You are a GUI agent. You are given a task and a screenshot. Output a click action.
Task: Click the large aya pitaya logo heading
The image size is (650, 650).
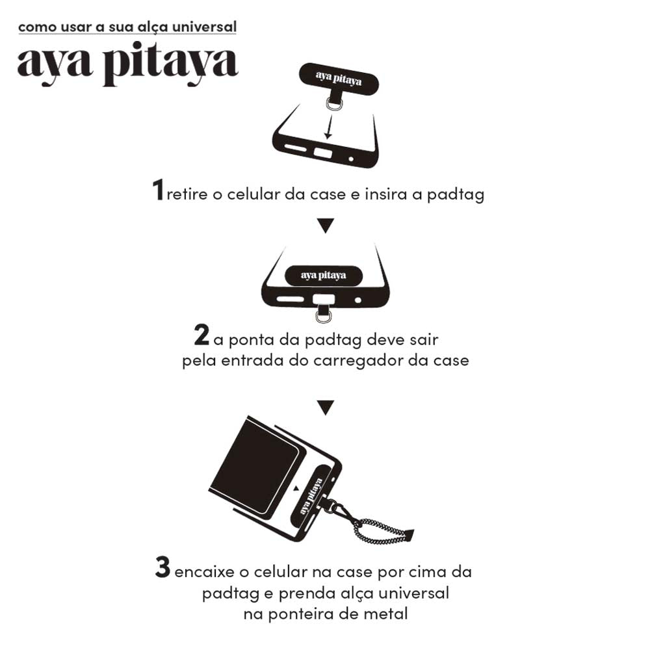tap(127, 64)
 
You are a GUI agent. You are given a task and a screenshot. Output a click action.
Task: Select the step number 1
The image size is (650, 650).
tap(158, 190)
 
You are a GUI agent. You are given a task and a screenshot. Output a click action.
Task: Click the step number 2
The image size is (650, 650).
tap(201, 335)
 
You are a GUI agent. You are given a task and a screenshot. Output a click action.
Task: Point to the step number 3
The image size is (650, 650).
tap(163, 567)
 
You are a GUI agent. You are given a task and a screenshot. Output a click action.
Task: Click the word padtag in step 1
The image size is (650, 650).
tap(456, 194)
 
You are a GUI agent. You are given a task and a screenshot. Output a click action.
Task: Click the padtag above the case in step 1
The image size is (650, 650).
tap(339, 79)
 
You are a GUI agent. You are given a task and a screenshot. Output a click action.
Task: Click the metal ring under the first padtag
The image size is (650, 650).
tap(333, 103)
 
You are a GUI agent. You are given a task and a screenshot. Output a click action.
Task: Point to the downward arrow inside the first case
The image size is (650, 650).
tap(329, 127)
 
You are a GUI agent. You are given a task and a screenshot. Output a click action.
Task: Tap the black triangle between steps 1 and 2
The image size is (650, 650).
tap(326, 226)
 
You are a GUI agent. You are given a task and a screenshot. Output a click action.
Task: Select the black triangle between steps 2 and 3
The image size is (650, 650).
tap(326, 408)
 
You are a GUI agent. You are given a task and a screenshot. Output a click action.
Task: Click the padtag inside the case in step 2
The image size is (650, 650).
tap(323, 275)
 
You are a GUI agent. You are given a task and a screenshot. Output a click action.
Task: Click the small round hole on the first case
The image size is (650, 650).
tap(351, 159)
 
